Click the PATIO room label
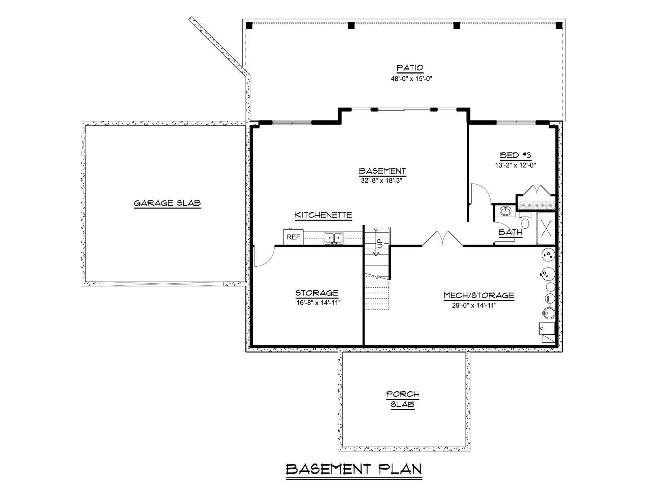[x=410, y=68]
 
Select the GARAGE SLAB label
[x=168, y=203]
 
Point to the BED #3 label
[x=515, y=155]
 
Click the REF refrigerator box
[x=294, y=237]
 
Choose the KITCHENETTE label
[x=323, y=215]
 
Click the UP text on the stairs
[x=380, y=243]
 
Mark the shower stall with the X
[x=545, y=228]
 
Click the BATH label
[x=510, y=232]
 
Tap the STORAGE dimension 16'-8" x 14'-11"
[x=319, y=303]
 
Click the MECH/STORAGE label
[x=479, y=295]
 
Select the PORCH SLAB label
[x=403, y=399]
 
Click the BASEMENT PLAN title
[x=354, y=469]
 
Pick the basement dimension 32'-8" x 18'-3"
[x=382, y=181]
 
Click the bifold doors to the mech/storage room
[x=443, y=238]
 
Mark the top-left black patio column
[x=249, y=25]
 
